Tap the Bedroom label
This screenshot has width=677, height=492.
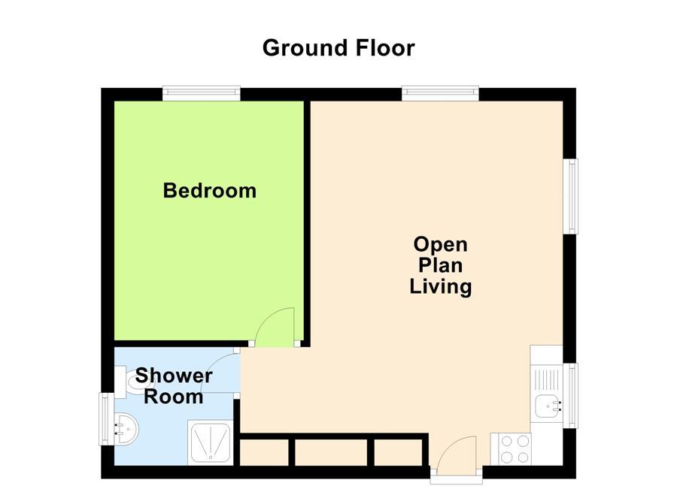(210, 191)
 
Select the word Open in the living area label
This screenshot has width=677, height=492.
(440, 244)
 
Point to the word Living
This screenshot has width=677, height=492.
(440, 286)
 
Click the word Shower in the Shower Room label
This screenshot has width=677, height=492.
(174, 376)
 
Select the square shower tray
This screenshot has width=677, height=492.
(211, 442)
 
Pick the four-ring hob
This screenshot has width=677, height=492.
(510, 450)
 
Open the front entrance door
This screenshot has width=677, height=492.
(457, 456)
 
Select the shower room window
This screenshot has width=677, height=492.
(107, 420)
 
